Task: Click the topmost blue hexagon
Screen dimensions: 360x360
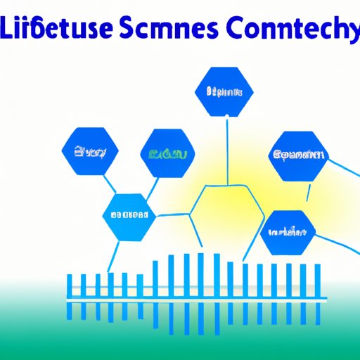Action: point(223,91)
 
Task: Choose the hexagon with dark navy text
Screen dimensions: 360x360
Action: point(298,154)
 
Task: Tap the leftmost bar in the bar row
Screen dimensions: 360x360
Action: point(69,285)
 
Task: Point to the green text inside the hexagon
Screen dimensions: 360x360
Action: point(168,153)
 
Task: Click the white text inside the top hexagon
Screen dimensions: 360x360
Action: point(223,91)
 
